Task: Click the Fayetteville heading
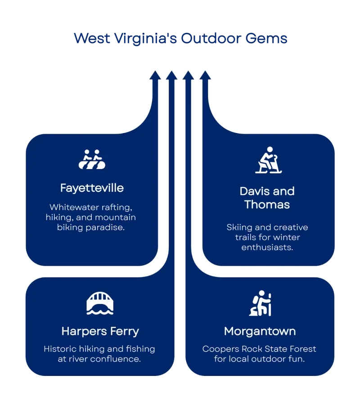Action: [92, 188]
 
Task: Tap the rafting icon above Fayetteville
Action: [92, 160]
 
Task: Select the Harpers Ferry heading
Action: [100, 331]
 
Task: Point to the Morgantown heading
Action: [260, 331]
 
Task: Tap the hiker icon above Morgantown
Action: [261, 304]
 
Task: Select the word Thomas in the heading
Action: [267, 205]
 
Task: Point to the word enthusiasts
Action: [267, 247]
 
